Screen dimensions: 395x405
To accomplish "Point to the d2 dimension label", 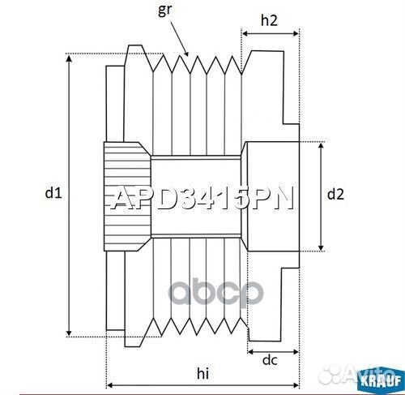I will point(335,194).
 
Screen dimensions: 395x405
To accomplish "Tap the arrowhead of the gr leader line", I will point(188,54).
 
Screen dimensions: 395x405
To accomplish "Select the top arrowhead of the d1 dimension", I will point(70,58).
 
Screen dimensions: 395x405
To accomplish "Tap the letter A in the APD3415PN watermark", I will point(120,200).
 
